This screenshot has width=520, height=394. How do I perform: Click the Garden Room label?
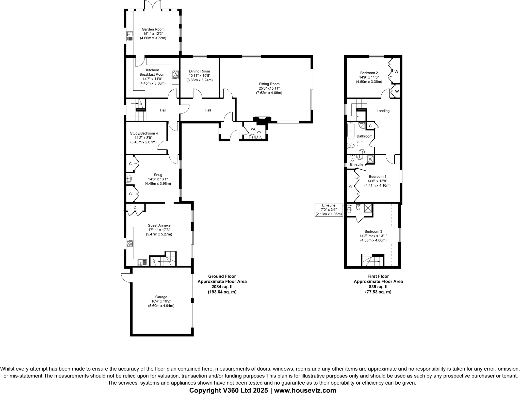[x=153, y=29]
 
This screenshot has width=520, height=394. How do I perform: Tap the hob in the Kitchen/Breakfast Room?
[x=176, y=74]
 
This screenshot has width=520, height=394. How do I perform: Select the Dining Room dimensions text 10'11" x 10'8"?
[x=199, y=76]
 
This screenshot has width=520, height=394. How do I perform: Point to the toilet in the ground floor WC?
[x=259, y=134]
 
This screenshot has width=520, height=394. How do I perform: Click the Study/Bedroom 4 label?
[x=144, y=133]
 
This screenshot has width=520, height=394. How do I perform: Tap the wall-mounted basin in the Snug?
[x=129, y=179]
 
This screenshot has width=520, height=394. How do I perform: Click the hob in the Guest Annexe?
[x=130, y=244]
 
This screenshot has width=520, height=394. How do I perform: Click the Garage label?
[x=161, y=297]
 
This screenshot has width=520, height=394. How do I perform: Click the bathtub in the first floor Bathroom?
[x=351, y=131]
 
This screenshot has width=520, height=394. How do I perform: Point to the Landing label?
[x=383, y=111]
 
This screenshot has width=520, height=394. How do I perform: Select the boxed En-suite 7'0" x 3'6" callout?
[x=329, y=210]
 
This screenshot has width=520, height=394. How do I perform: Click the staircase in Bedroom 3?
[x=372, y=261]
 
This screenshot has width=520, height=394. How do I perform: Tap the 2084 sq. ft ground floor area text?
[x=222, y=287]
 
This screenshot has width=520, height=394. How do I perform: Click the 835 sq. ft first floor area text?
[x=378, y=287]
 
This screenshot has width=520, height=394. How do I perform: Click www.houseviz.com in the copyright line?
[x=305, y=390]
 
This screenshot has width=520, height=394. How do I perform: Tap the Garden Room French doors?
[x=153, y=6]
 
